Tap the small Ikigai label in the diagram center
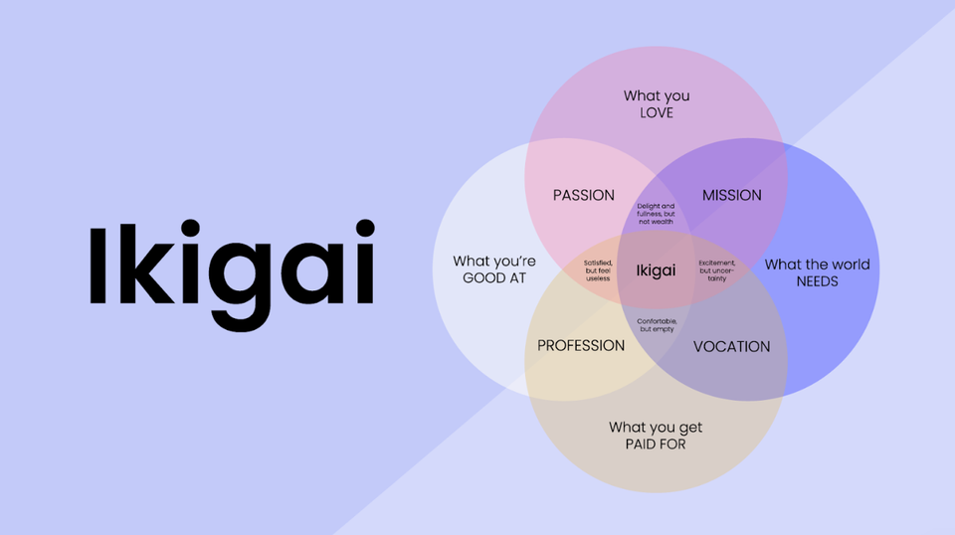tap(656, 269)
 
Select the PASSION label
tap(584, 195)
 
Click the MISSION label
tap(731, 195)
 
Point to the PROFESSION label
tap(581, 346)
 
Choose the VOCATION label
tap(731, 346)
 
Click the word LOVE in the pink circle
tap(657, 112)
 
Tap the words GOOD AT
tap(494, 278)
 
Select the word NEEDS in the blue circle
tap(817, 281)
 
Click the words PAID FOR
tap(656, 444)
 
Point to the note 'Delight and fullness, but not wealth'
tap(656, 214)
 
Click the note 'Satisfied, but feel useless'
tap(598, 269)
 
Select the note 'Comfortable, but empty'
tap(657, 325)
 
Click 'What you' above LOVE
tap(657, 95)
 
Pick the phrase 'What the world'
tap(817, 265)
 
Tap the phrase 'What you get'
tap(656, 428)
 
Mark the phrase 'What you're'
tap(494, 262)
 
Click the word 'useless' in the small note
tap(598, 278)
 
